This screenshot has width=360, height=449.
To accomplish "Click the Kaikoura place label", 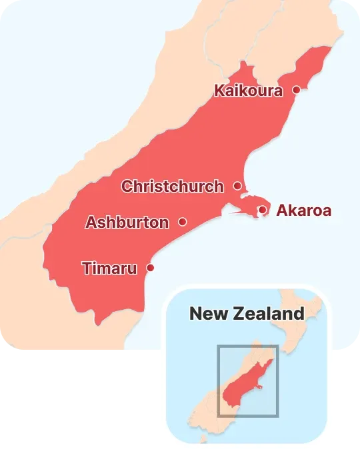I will [248, 91].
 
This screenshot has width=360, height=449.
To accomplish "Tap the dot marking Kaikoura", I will [297, 89].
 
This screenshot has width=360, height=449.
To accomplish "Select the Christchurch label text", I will [172, 187].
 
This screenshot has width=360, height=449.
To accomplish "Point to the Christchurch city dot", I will [237, 186].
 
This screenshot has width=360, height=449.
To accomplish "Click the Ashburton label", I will [127, 223].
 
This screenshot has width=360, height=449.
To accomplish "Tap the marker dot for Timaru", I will [150, 268].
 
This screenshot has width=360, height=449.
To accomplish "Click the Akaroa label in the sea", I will [303, 211].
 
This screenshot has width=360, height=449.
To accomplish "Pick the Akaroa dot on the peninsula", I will [263, 211].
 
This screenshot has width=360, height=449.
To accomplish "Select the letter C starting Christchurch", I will [127, 187].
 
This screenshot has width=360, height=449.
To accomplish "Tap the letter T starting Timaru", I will [86, 268].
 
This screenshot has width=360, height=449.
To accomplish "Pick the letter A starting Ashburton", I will [91, 223].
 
